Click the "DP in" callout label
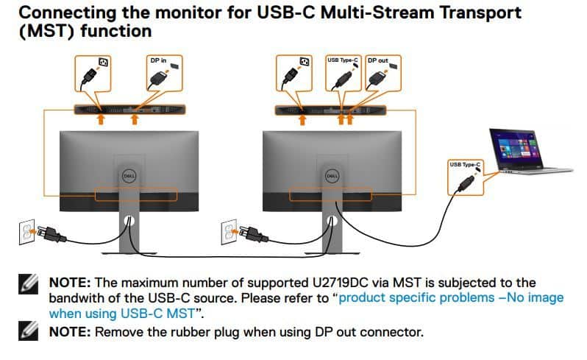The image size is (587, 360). click(x=164, y=73)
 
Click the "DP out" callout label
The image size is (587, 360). click(x=383, y=73)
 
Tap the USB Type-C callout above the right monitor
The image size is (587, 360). click(x=343, y=73)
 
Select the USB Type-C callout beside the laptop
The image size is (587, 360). click(x=466, y=177)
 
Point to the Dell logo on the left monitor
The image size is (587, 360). click(x=129, y=176)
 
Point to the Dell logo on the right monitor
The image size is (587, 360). click(x=332, y=176)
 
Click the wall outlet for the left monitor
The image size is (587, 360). click(x=26, y=232)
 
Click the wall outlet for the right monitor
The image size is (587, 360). click(x=229, y=232)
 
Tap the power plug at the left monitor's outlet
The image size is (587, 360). click(x=51, y=234)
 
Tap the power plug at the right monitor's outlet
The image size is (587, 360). click(x=254, y=234)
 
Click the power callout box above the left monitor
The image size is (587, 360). click(x=93, y=73)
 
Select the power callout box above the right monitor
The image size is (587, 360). click(x=294, y=73)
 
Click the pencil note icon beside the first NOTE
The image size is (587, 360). click(x=28, y=283)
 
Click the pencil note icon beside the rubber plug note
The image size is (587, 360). click(x=28, y=331)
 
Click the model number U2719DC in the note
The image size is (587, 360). click(x=341, y=283)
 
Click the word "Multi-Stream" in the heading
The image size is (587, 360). click(x=378, y=13)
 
